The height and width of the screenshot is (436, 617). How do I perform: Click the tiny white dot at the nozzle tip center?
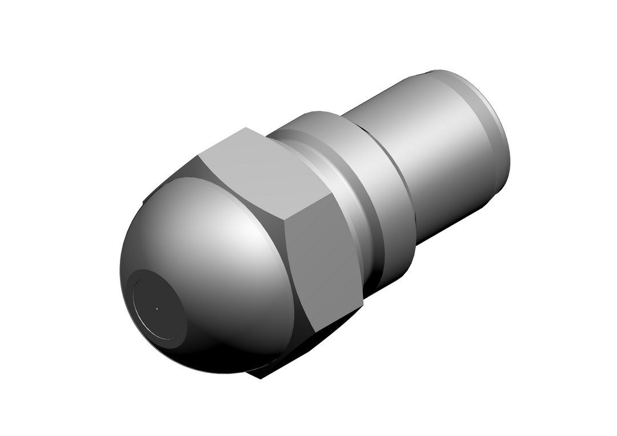157,309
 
